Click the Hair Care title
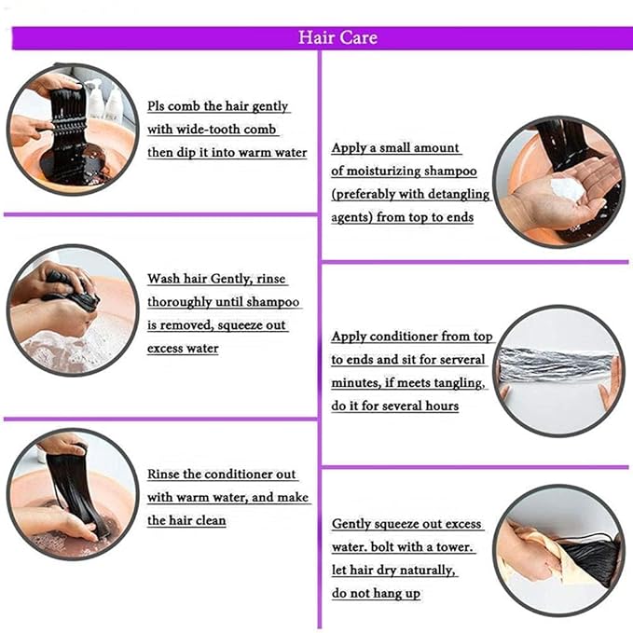[337, 37]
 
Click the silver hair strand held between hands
[557, 365]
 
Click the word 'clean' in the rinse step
[210, 520]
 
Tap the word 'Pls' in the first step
[156, 106]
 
